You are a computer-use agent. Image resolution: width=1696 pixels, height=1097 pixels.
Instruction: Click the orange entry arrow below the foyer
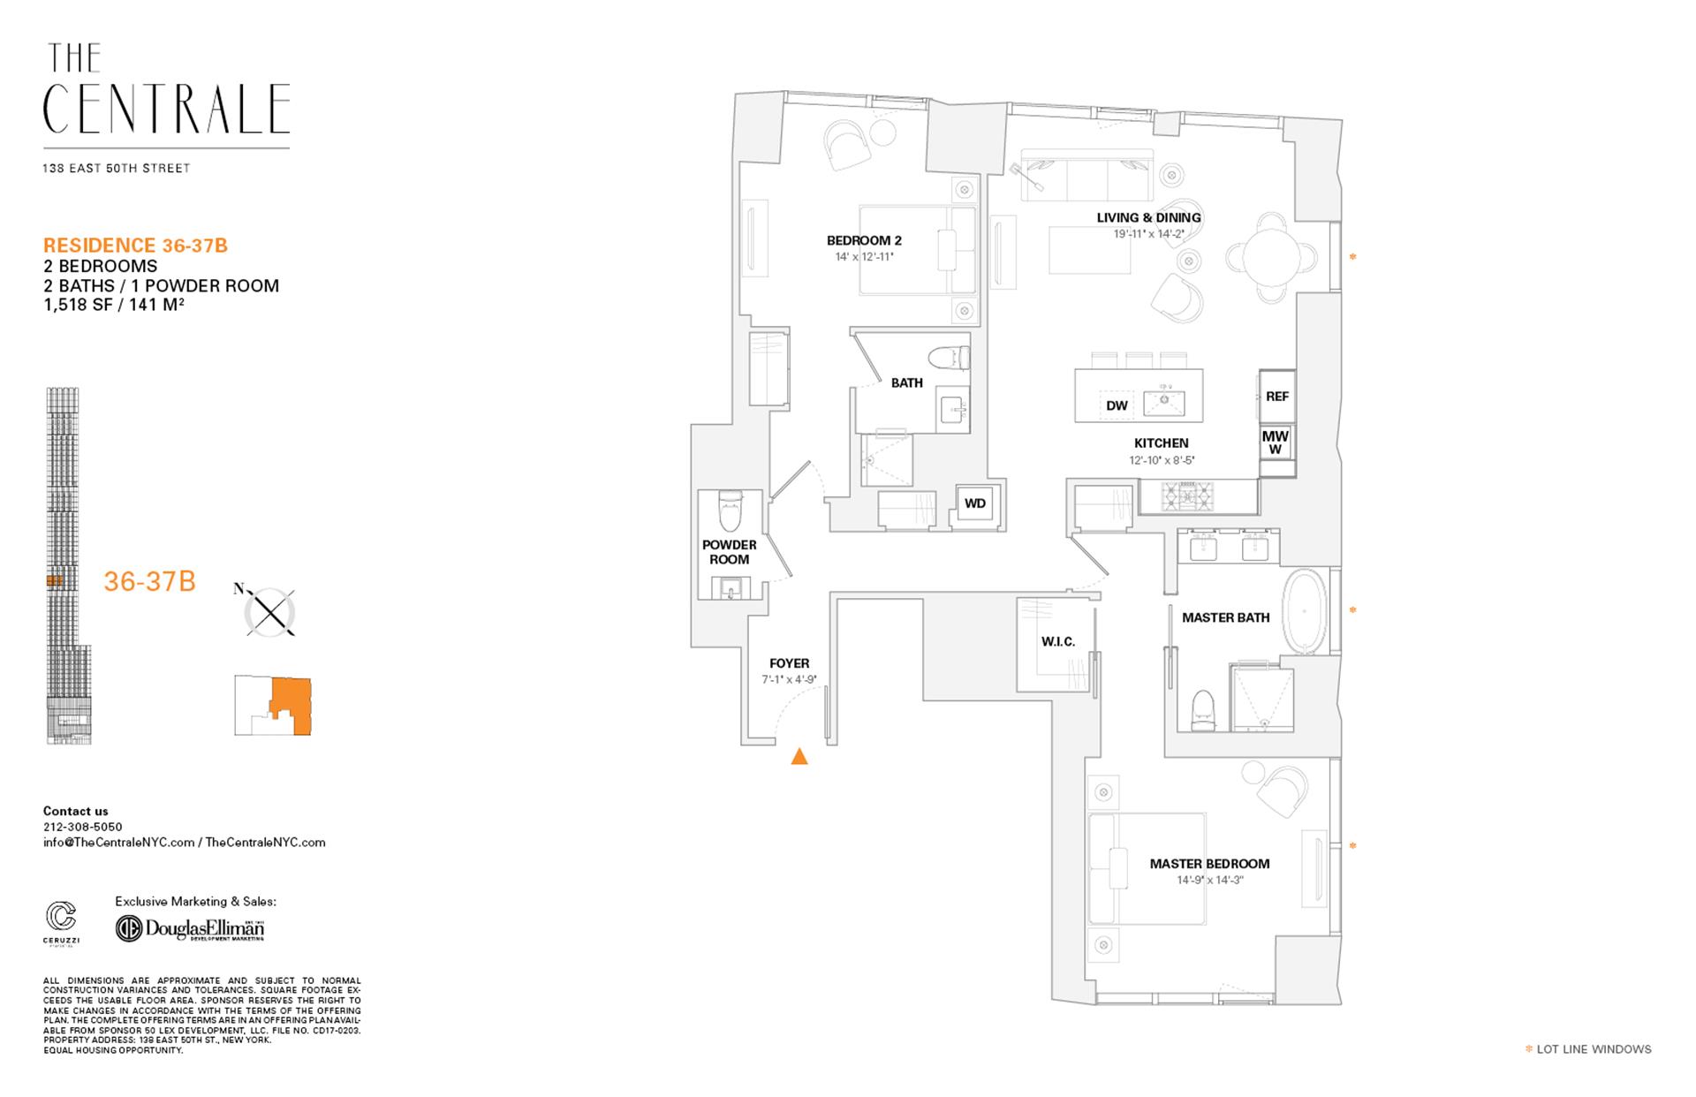tap(799, 756)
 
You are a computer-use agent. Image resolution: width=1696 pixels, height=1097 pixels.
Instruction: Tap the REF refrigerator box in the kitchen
tap(1276, 397)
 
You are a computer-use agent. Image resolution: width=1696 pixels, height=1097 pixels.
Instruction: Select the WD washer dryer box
tap(974, 503)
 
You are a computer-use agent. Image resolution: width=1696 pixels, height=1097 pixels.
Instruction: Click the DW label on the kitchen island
tap(1117, 405)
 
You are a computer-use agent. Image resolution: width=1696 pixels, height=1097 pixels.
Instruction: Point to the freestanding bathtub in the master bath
tap(1305, 611)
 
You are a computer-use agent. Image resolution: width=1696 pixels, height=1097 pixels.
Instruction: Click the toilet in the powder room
tap(730, 510)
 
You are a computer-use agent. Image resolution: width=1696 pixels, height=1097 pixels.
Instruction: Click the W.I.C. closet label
tap(1057, 641)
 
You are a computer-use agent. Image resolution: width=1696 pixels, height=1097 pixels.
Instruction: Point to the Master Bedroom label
tap(1209, 864)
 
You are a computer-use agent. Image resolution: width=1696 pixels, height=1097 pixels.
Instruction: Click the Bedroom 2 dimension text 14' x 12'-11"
tap(864, 257)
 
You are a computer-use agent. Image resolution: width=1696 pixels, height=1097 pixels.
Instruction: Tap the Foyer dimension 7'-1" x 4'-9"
tap(789, 680)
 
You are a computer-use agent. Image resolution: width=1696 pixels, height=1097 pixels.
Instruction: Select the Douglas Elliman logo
tap(191, 929)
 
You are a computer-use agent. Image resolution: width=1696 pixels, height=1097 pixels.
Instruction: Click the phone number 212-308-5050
tap(83, 827)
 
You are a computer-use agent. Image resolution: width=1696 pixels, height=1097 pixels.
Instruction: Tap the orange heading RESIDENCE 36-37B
tap(135, 246)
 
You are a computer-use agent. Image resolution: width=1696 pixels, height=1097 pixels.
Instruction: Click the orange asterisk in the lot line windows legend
tap(1529, 1049)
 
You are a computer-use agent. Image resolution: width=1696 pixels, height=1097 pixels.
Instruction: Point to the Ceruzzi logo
tap(61, 919)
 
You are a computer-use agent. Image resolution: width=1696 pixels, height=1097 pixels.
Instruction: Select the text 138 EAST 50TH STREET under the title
tap(117, 168)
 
